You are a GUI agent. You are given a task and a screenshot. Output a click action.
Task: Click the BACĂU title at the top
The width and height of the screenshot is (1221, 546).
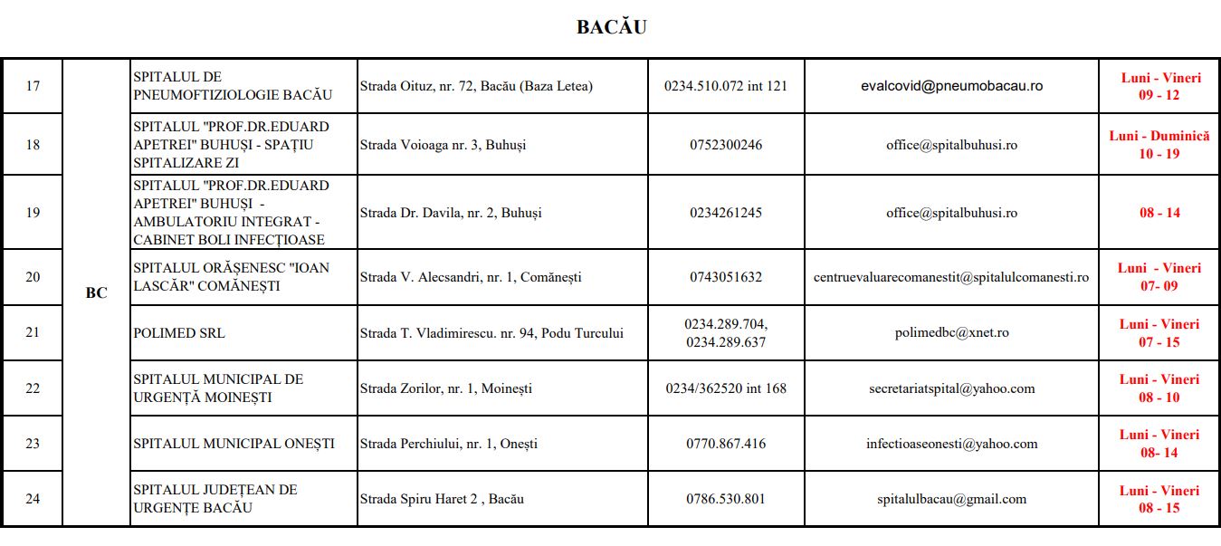click(x=611, y=27)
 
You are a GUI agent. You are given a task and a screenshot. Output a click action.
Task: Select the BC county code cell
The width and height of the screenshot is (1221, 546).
click(x=96, y=293)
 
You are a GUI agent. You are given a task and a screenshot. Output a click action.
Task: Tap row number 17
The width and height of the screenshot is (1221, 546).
click(x=33, y=86)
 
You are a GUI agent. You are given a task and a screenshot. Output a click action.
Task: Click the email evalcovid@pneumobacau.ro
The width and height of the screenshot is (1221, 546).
click(x=951, y=86)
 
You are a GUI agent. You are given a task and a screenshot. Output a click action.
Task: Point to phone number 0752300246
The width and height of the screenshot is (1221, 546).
click(x=725, y=145)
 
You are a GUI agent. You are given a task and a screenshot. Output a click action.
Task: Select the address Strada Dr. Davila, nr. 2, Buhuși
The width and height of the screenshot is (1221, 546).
click(x=451, y=213)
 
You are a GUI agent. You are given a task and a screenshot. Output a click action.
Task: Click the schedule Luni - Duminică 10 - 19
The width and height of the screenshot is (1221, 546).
click(x=1159, y=145)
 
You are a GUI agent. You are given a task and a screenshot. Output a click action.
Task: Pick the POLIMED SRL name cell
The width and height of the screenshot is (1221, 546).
click(x=179, y=333)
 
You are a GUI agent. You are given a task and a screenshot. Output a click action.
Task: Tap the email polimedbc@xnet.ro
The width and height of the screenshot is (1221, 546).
click(x=951, y=333)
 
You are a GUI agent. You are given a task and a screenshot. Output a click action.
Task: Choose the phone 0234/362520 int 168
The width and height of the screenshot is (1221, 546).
click(x=725, y=388)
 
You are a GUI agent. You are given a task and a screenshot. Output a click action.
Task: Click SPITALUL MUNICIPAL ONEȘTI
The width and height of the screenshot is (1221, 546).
click(x=234, y=444)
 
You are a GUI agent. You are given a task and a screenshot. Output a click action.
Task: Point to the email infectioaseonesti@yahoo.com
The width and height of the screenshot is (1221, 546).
click(x=951, y=444)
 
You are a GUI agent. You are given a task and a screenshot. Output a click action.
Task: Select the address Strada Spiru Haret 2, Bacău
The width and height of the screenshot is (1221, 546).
click(x=442, y=499)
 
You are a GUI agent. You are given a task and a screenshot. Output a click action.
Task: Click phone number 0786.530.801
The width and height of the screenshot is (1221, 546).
click(x=725, y=499)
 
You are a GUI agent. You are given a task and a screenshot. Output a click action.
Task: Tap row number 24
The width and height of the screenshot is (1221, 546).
click(x=33, y=499)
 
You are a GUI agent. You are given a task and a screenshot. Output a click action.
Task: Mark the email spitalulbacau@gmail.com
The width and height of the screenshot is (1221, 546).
click(x=951, y=499)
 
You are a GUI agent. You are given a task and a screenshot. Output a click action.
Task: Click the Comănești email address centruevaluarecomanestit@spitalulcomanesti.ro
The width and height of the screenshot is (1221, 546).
click(x=951, y=277)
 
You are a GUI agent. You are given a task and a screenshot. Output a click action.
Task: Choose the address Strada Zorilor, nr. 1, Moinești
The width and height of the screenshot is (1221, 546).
click(x=446, y=388)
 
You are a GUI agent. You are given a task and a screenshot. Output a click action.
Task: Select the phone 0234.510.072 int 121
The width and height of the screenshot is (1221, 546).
click(x=725, y=86)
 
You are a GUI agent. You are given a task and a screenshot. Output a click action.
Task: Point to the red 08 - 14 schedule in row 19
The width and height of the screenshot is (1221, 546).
click(x=1159, y=213)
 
